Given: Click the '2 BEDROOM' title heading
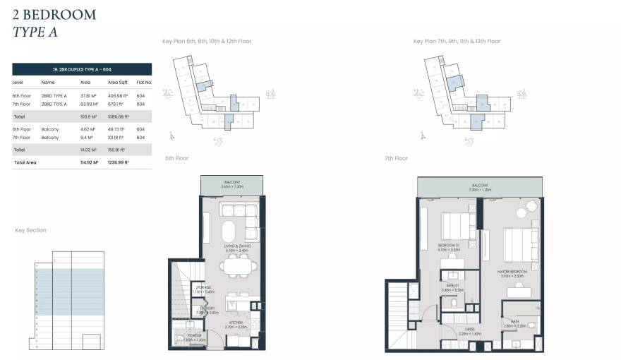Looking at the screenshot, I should click(54, 14).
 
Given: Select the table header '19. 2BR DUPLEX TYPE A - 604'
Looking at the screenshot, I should click(82, 69).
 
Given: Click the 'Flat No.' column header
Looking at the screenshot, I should click(143, 83).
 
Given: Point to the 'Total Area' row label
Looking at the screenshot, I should click(25, 162).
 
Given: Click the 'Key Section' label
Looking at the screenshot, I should click(31, 231).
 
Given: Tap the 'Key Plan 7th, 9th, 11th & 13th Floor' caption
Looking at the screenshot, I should click(457, 42).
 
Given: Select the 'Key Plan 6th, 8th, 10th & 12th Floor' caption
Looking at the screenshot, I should click(207, 42).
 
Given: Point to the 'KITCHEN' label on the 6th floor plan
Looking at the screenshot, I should click(235, 324).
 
